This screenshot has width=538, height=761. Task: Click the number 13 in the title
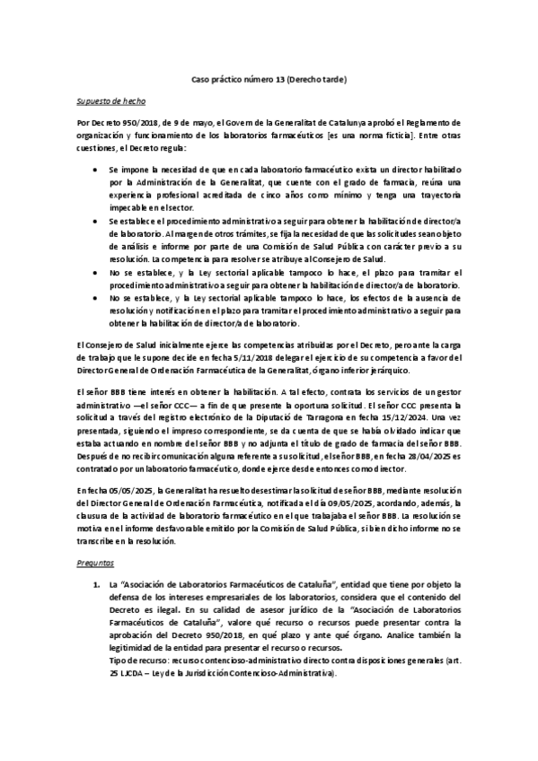coord(279,82)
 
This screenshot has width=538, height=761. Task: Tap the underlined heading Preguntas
coord(94,561)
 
